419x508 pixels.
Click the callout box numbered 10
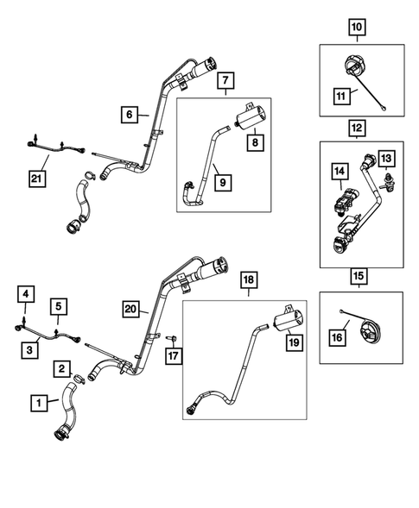[x=357, y=28]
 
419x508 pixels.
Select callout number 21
[x=36, y=179]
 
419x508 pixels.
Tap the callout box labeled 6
[x=130, y=115]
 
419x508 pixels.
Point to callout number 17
[x=174, y=356]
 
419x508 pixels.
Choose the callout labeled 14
[x=340, y=172]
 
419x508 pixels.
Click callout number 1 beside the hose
[x=39, y=403]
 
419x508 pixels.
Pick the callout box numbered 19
[x=294, y=342]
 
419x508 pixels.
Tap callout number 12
[x=357, y=128]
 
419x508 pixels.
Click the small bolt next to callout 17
[x=172, y=339]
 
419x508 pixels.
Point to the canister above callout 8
[x=250, y=116]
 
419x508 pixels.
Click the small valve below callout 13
[x=386, y=182]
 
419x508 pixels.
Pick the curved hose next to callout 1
[x=69, y=411]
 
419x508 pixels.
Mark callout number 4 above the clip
[x=26, y=294]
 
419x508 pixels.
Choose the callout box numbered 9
[x=223, y=183]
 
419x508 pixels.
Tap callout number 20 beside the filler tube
[x=130, y=309]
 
